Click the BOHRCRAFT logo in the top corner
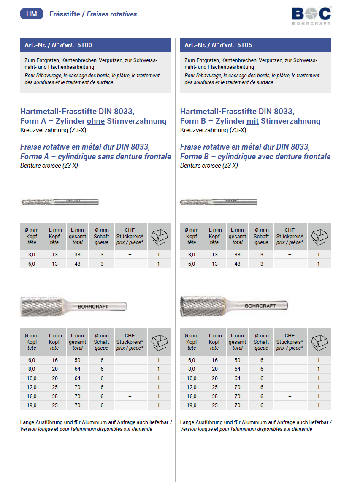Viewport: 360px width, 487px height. [311, 15]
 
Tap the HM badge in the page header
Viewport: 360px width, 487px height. [31, 14]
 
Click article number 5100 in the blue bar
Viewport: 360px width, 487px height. [84, 45]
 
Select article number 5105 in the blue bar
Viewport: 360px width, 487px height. [244, 45]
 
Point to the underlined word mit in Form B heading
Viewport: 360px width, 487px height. [252, 121]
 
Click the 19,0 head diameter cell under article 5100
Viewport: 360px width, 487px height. [32, 405]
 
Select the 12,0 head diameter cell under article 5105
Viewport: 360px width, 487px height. [192, 387]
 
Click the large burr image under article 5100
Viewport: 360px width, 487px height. [73, 306]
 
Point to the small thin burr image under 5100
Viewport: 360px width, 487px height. [60, 202]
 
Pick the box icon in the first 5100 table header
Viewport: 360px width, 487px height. [159, 237]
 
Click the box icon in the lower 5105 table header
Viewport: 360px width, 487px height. [319, 342]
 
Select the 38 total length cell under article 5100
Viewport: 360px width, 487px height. [78, 255]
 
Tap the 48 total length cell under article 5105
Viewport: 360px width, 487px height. [238, 264]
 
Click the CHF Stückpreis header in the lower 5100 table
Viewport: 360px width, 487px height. [130, 342]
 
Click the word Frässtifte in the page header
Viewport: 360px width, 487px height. [65, 14]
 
